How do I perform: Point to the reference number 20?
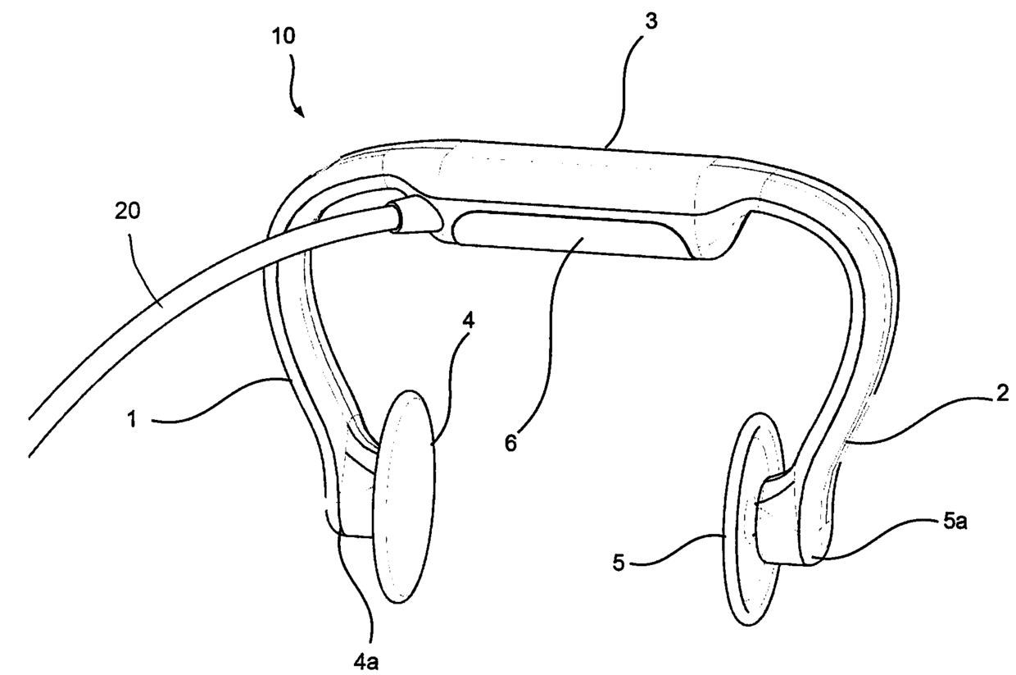(127, 212)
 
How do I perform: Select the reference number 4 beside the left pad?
(469, 322)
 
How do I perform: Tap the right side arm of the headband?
(852, 328)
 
